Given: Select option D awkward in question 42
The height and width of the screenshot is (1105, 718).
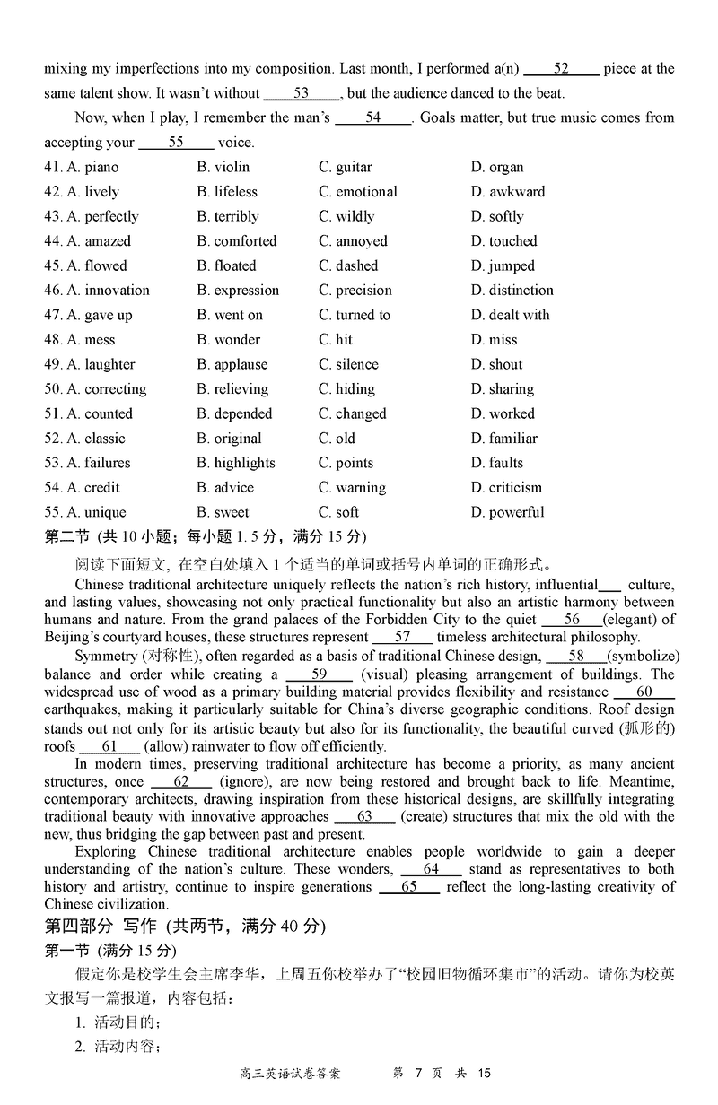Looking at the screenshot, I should (x=507, y=192).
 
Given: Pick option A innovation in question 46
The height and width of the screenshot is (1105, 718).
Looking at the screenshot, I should (x=108, y=291).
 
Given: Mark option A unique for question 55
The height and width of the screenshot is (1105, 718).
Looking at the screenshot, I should (x=96, y=512).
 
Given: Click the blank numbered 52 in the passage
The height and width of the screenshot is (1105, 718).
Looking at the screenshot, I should (x=561, y=69).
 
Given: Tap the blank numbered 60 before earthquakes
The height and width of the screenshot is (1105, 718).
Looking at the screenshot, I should (x=644, y=692).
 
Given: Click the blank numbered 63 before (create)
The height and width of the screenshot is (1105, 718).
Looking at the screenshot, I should (x=364, y=817).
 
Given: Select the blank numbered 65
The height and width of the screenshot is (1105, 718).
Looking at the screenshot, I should (x=409, y=887).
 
